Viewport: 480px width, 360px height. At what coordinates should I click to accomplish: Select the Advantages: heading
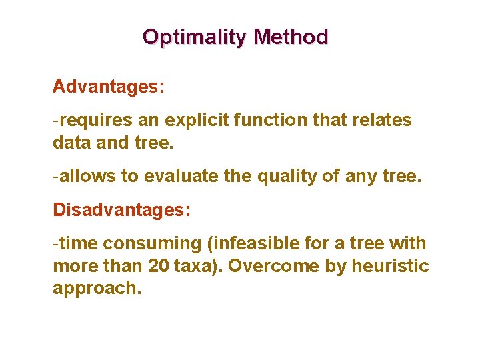click(109, 87)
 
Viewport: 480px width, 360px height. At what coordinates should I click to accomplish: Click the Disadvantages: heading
click(122, 210)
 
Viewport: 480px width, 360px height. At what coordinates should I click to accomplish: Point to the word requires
click(96, 120)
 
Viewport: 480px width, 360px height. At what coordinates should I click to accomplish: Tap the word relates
click(383, 120)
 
